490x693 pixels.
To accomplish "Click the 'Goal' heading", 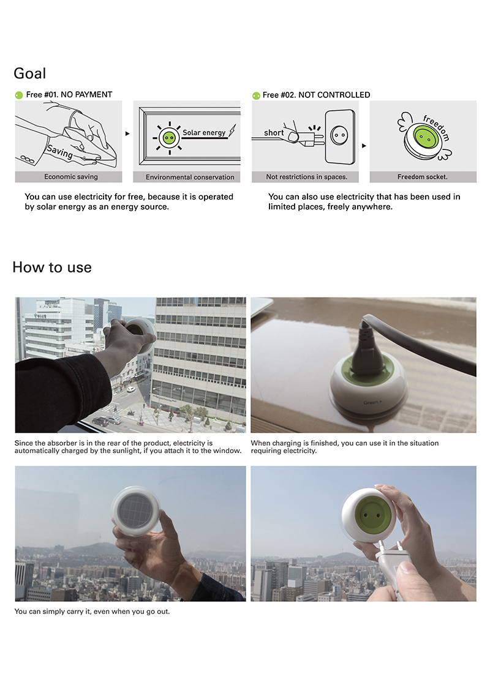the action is (x=29, y=73).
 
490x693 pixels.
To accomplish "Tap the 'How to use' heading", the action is (x=52, y=268).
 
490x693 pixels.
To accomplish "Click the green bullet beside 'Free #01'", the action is (x=19, y=95).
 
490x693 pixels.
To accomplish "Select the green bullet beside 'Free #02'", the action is (x=256, y=96).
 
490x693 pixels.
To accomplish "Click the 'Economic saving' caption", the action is (x=71, y=177).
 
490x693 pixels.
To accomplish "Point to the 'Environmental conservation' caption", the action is (x=190, y=177).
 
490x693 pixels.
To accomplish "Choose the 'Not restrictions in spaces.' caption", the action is (x=306, y=177).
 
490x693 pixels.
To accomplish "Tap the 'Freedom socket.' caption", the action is (x=423, y=177).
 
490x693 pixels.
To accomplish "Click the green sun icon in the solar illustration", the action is (x=169, y=138).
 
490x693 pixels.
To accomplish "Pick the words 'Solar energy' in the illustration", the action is (x=204, y=133).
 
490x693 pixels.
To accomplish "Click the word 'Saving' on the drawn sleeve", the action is (x=59, y=151).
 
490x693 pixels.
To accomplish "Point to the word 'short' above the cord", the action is (x=274, y=133).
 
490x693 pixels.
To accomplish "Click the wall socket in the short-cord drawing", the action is (x=340, y=137).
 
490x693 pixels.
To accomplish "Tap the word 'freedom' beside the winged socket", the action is (x=436, y=128).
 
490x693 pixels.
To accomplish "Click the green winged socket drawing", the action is (x=424, y=138).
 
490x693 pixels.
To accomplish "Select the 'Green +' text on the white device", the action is (x=372, y=402).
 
